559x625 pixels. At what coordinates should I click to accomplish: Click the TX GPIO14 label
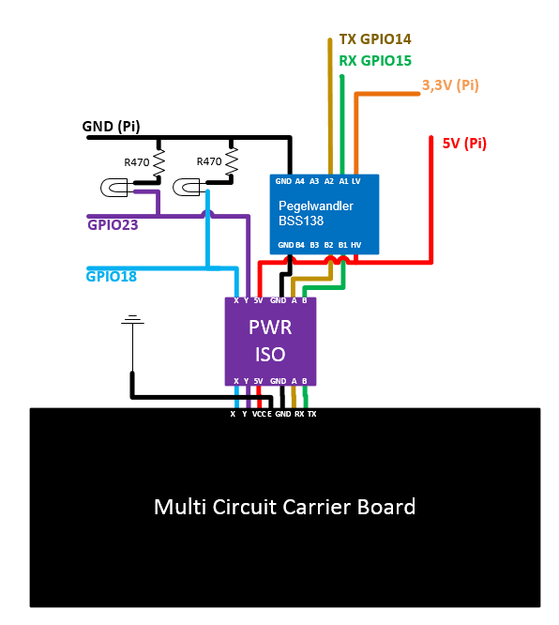click(375, 39)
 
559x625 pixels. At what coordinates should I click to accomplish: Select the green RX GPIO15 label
click(375, 61)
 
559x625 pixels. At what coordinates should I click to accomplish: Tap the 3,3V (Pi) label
click(450, 85)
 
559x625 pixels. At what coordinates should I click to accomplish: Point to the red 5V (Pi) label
click(464, 143)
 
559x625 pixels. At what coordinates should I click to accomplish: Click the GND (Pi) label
click(112, 127)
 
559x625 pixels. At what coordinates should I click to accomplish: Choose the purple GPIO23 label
click(113, 225)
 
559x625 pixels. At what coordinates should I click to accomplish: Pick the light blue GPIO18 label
click(112, 276)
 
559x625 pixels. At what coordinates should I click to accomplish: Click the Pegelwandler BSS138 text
click(315, 213)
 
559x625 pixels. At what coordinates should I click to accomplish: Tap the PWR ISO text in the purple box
click(270, 341)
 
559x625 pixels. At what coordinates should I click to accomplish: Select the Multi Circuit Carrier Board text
click(284, 507)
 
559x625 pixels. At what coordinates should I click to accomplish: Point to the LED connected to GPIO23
click(113, 188)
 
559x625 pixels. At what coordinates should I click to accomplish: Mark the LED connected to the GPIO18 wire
click(187, 188)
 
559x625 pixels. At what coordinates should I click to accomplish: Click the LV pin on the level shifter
click(355, 181)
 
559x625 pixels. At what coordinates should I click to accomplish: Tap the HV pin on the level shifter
click(355, 245)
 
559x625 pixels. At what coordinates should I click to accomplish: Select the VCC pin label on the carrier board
click(259, 414)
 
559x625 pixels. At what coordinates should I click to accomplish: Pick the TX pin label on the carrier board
click(311, 414)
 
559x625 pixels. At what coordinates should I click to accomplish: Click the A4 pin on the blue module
click(299, 181)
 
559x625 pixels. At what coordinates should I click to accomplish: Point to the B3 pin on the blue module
click(314, 245)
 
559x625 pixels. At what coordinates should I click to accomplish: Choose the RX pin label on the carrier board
click(299, 414)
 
